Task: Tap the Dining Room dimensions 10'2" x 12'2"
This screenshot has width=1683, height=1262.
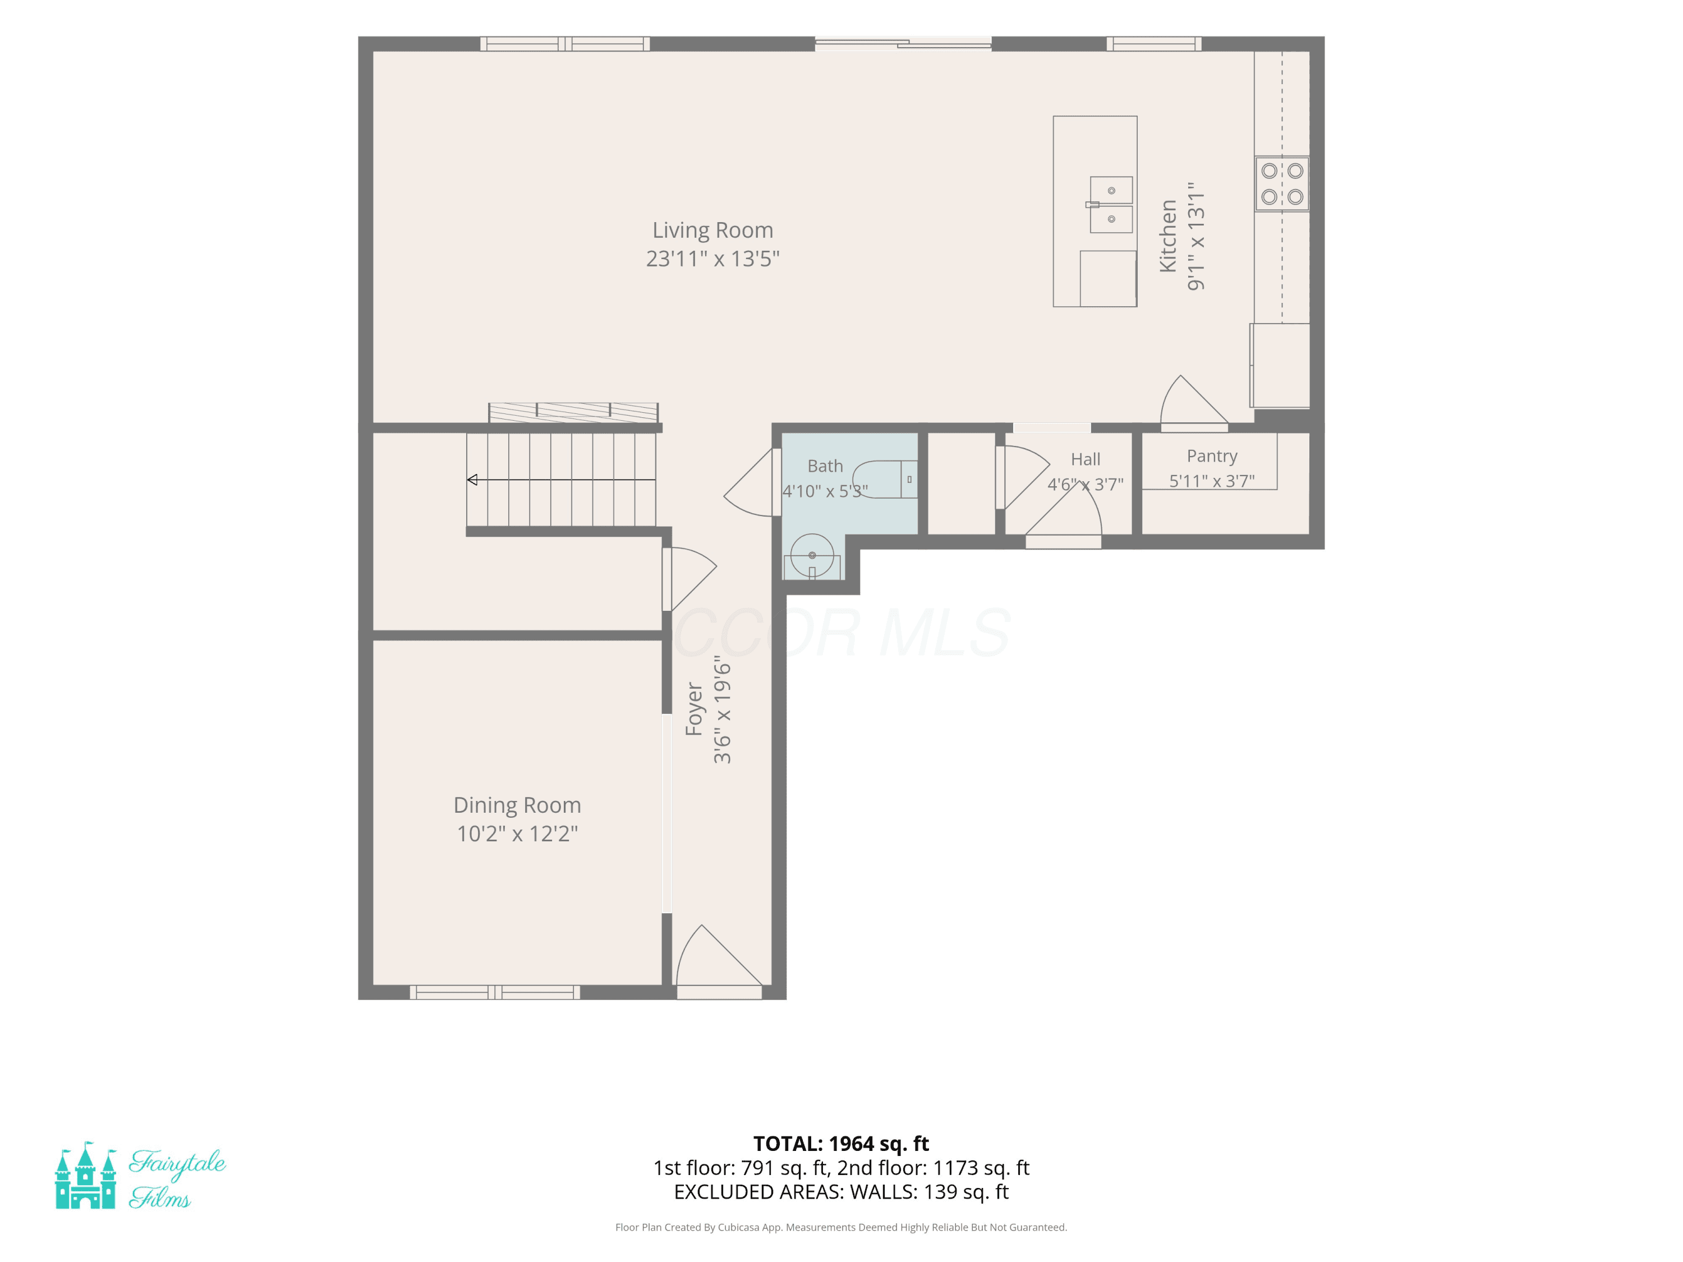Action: point(517,833)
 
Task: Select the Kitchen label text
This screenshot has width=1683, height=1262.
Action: point(1168,236)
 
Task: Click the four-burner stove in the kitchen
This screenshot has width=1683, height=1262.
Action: point(1282,184)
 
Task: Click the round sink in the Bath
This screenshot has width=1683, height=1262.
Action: point(812,555)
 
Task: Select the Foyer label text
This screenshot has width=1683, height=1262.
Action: point(694,709)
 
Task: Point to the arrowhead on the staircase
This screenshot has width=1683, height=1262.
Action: point(472,480)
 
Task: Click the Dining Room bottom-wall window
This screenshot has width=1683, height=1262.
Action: point(495,992)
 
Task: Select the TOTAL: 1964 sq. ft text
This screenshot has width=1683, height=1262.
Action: point(841,1143)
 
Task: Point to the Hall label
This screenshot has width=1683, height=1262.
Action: point(1085,459)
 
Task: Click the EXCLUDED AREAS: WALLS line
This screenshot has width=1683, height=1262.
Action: point(841,1192)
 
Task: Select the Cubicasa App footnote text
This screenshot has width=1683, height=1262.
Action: point(841,1227)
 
